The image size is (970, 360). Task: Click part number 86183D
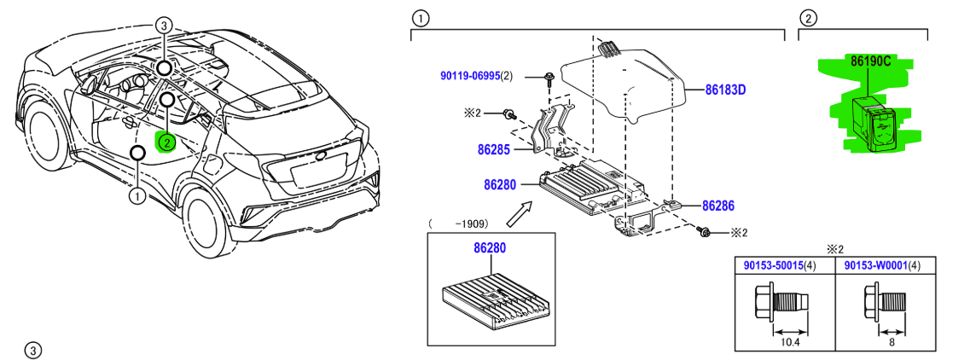(725, 89)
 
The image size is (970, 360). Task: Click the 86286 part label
(718, 206)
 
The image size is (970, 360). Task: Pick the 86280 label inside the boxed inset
(490, 249)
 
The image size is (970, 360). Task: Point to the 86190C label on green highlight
(869, 61)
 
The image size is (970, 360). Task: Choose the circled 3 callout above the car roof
(165, 26)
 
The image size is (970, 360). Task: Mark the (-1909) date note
(458, 224)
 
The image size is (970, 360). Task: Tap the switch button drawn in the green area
(871, 119)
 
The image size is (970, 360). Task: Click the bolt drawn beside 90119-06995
(548, 80)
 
